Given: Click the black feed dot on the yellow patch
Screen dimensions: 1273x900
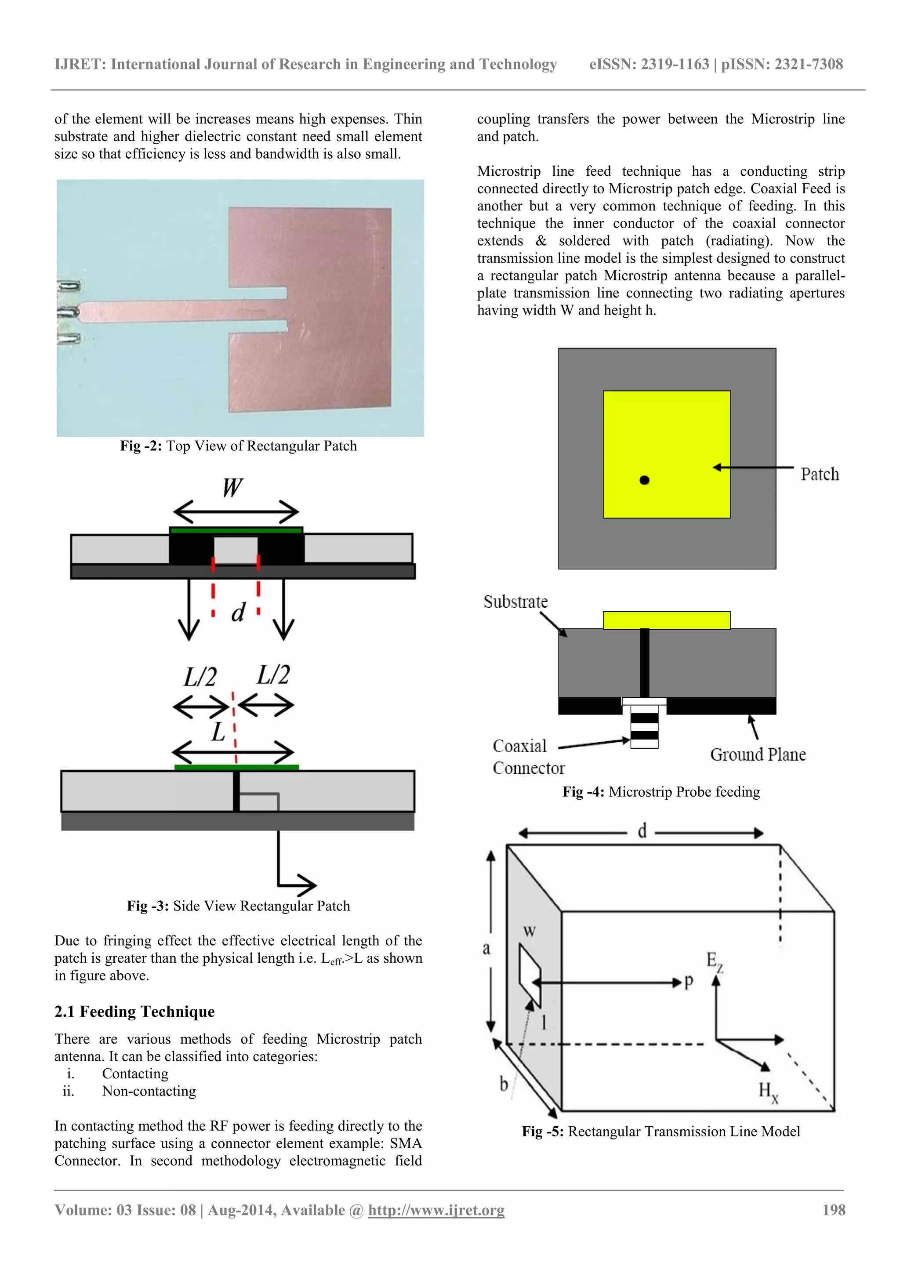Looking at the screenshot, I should (644, 480).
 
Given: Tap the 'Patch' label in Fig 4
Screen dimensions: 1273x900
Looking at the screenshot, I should (819, 475).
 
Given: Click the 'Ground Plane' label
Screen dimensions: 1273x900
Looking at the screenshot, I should (758, 754).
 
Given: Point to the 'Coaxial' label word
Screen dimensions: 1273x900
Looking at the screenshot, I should (519, 746).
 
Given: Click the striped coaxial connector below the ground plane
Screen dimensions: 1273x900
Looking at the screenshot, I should (644, 727).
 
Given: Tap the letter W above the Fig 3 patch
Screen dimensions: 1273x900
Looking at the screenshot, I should (232, 488).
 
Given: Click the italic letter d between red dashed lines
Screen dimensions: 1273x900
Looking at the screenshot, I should (237, 612).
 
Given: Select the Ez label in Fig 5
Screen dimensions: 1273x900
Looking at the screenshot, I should (714, 960).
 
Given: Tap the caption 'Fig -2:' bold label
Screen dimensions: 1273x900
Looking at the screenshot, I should (141, 446).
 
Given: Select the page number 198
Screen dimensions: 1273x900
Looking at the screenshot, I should (834, 1210).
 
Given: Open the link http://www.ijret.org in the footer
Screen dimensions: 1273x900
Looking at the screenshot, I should (436, 1210).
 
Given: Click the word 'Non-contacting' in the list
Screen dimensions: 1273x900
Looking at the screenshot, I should (149, 1091).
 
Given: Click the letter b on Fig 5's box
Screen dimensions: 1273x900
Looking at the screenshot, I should (504, 1084).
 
